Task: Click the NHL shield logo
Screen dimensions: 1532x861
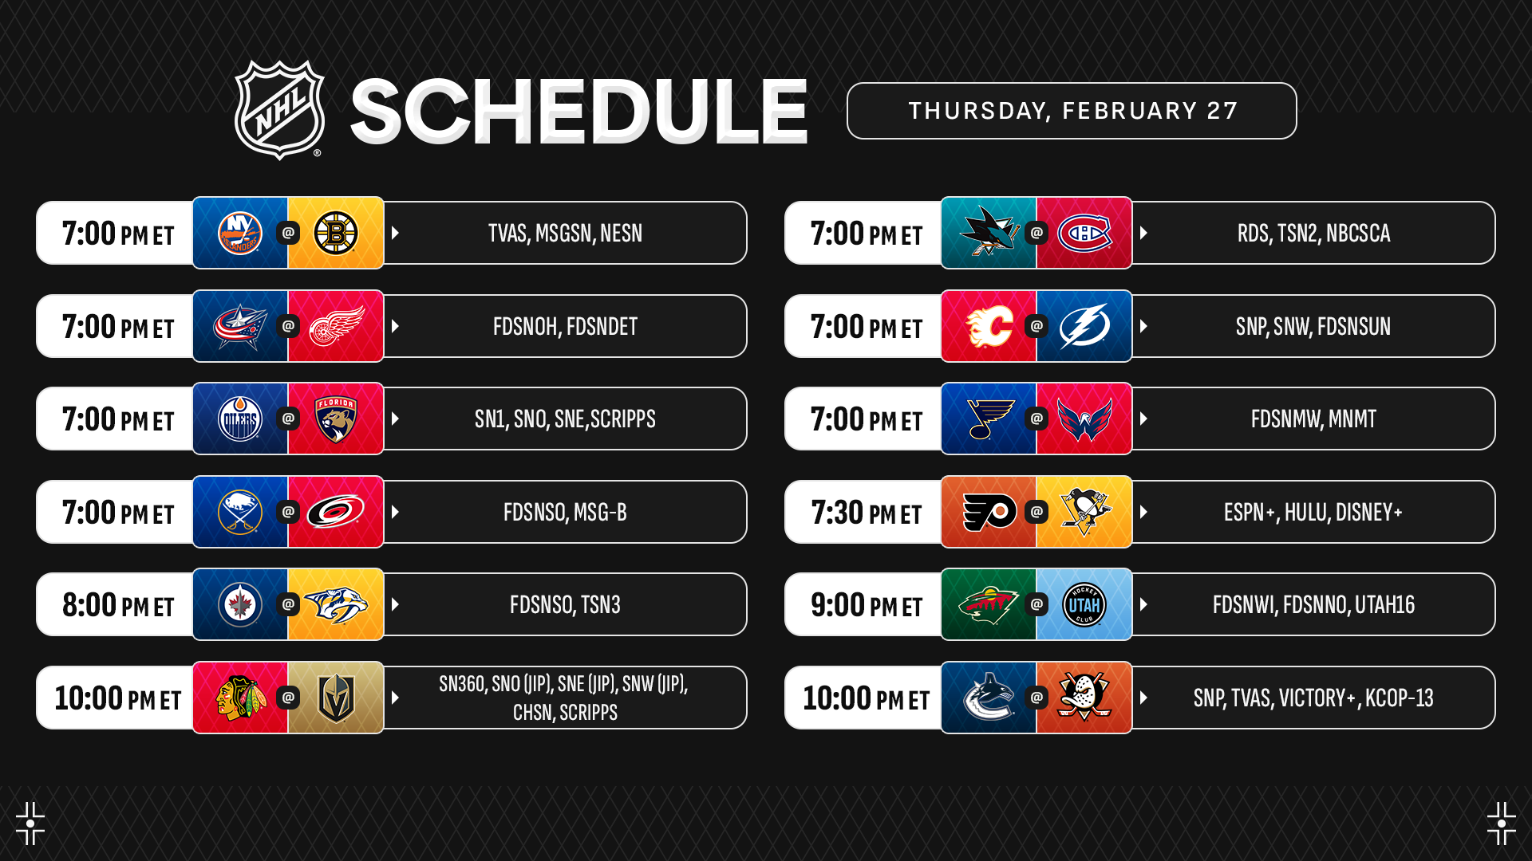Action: click(279, 110)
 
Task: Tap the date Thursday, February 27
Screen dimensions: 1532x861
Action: click(1072, 111)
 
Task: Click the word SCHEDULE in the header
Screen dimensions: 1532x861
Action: click(579, 112)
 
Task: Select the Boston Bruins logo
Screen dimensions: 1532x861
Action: click(336, 233)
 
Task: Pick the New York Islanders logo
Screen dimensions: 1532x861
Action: click(240, 233)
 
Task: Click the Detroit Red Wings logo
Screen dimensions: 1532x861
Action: click(336, 326)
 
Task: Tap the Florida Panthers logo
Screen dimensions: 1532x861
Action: click(336, 419)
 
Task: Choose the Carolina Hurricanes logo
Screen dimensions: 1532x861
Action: click(336, 512)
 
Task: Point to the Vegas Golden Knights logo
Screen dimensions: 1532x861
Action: click(336, 698)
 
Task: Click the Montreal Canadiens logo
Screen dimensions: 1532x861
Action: click(1084, 233)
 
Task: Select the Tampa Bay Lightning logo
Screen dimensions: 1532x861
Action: click(1084, 326)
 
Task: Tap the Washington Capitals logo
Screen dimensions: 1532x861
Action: click(1084, 419)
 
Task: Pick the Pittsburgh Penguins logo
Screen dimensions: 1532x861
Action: click(1084, 512)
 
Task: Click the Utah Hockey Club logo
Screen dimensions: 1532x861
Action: click(1084, 604)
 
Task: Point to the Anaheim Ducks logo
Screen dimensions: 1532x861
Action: click(1084, 698)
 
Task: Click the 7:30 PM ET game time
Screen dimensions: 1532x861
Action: click(867, 513)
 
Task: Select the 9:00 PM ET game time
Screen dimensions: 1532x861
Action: click(867, 605)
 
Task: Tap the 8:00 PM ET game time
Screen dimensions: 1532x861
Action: click(118, 605)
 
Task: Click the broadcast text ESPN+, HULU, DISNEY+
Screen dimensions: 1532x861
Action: click(1313, 512)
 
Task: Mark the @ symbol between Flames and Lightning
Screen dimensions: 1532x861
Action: click(1036, 326)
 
